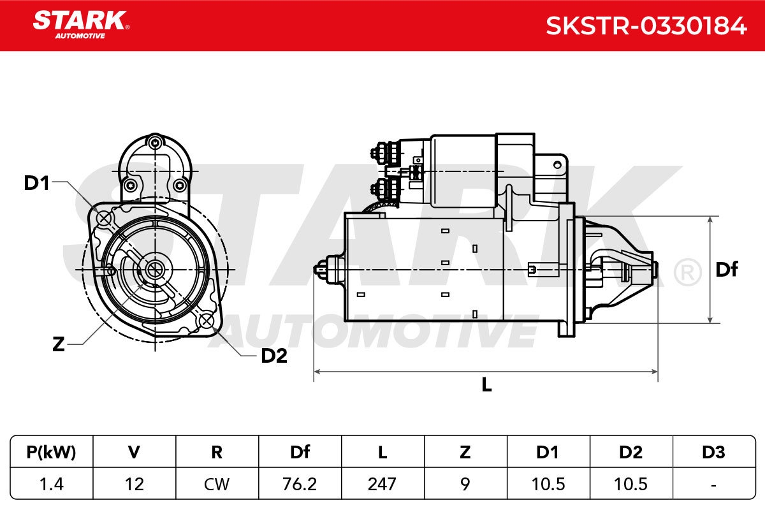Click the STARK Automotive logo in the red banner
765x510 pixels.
(81, 25)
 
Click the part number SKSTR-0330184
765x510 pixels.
(646, 26)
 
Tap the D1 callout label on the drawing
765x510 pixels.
(36, 183)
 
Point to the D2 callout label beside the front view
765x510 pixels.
(274, 356)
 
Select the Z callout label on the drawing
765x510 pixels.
(59, 344)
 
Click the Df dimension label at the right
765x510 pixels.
(726, 269)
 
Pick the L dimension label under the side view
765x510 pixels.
(486, 384)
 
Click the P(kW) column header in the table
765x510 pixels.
(51, 452)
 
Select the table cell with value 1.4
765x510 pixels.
(52, 484)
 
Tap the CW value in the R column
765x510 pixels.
(217, 484)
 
